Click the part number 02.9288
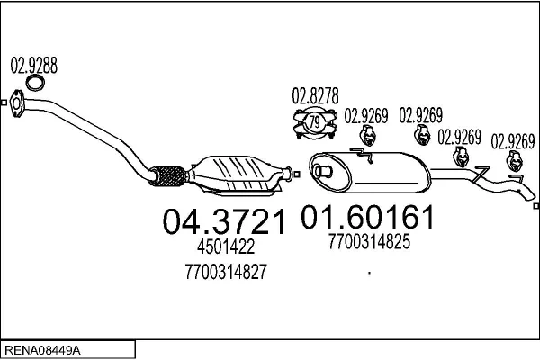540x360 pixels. click(x=34, y=66)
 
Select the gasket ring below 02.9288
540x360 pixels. click(x=35, y=83)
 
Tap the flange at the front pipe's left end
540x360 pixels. click(x=16, y=103)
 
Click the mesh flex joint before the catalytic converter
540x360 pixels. click(x=168, y=176)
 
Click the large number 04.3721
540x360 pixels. click(x=224, y=222)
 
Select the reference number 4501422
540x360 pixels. click(x=226, y=247)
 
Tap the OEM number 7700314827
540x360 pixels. click(x=226, y=272)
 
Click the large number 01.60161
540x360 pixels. click(x=367, y=217)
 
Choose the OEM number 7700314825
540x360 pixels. click(x=369, y=241)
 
